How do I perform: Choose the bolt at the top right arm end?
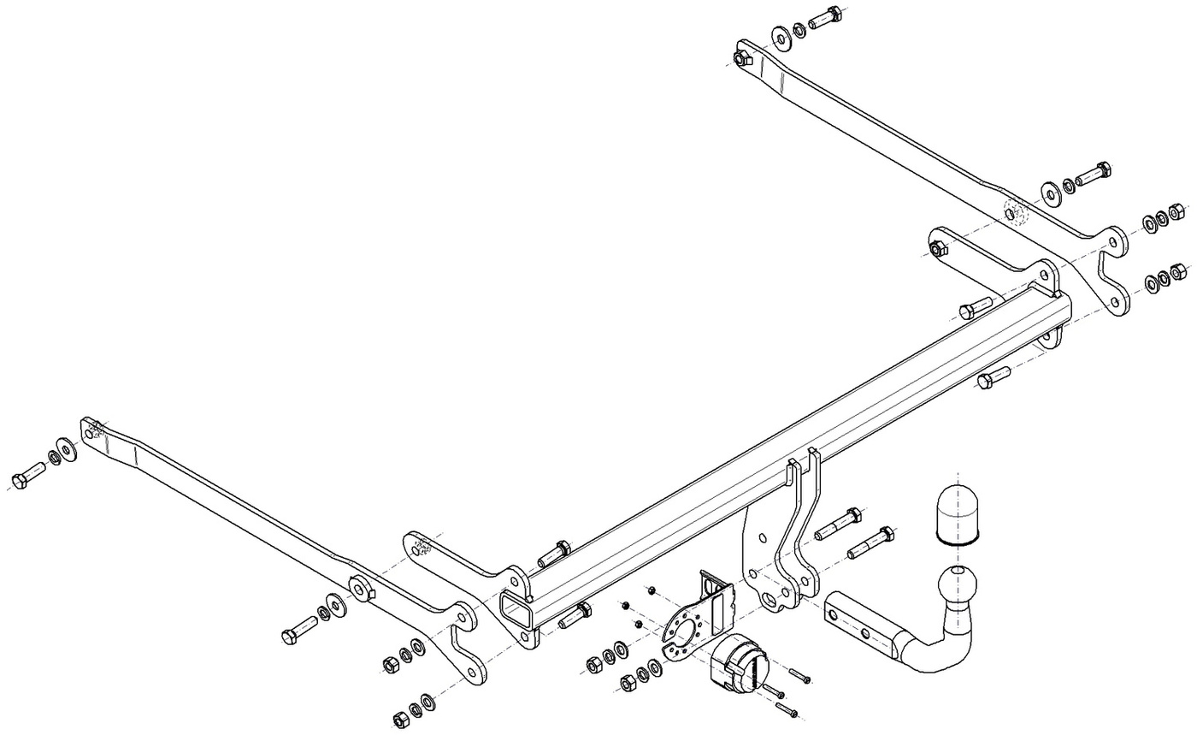823,17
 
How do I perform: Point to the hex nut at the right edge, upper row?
1176,210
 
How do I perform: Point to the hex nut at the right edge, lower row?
1177,272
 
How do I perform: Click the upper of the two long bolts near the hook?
839,523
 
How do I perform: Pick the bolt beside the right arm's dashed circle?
1092,174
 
